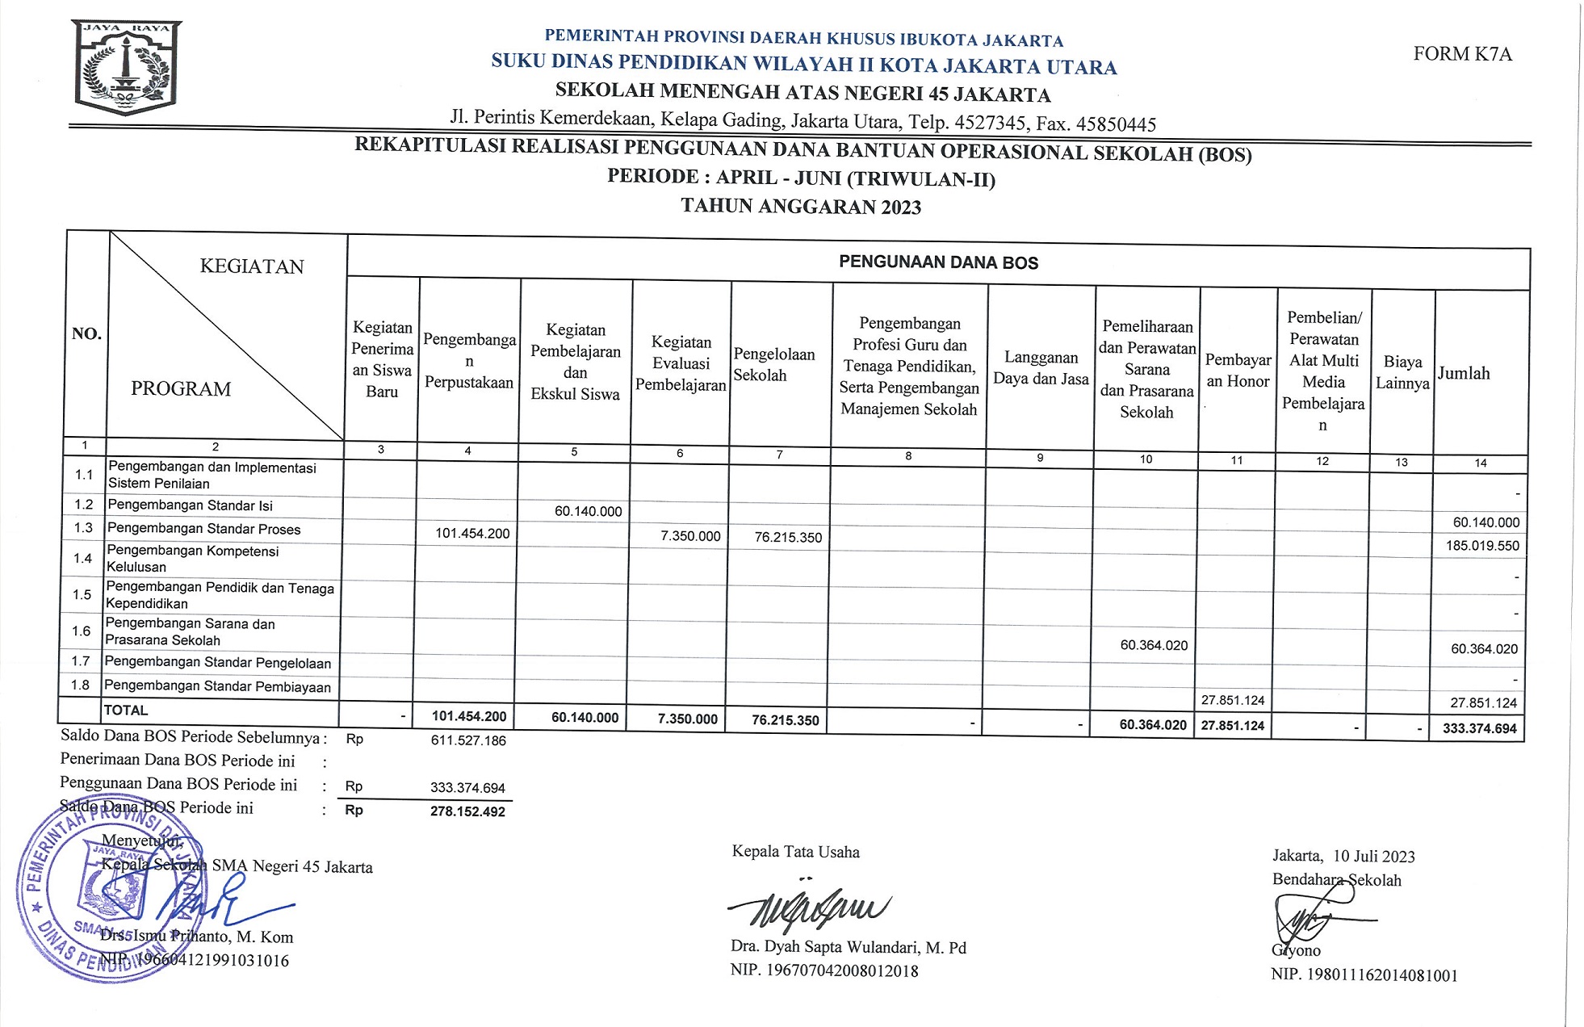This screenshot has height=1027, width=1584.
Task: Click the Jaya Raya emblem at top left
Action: pyautogui.click(x=128, y=67)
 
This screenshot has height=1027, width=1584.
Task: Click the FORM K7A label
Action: pyautogui.click(x=1462, y=54)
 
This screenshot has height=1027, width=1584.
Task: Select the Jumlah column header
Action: pyautogui.click(x=1464, y=373)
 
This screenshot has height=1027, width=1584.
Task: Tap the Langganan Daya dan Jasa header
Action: pyautogui.click(x=1041, y=368)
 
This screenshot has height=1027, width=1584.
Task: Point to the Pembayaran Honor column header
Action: pyautogui.click(x=1238, y=371)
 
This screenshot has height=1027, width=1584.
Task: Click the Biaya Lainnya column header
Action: pyautogui.click(x=1402, y=372)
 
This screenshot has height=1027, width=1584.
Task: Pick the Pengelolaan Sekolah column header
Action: pyautogui.click(x=773, y=364)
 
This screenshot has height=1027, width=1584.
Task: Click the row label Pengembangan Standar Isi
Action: pyautogui.click(x=190, y=505)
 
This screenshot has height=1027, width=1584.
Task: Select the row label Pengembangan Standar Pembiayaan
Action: pyautogui.click(x=217, y=686)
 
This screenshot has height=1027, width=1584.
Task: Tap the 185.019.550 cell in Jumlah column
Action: pyautogui.click(x=1482, y=546)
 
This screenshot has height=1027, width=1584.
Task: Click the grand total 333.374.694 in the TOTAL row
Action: pyautogui.click(x=1479, y=728)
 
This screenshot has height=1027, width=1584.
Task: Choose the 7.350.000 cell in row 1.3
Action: pyautogui.click(x=690, y=536)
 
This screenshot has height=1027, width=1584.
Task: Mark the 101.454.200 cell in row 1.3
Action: pyautogui.click(x=472, y=533)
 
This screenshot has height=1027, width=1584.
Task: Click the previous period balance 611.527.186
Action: pyautogui.click(x=468, y=740)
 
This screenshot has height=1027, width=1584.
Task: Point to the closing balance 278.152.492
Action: pyautogui.click(x=467, y=811)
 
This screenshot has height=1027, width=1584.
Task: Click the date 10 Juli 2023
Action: pyautogui.click(x=1373, y=856)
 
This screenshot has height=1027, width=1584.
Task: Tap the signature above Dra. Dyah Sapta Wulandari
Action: pyautogui.click(x=807, y=908)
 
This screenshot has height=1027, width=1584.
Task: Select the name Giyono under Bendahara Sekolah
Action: pyautogui.click(x=1296, y=950)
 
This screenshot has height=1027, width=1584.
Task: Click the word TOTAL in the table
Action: pyautogui.click(x=126, y=711)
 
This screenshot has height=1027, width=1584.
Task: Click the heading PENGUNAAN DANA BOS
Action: pyautogui.click(x=938, y=262)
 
